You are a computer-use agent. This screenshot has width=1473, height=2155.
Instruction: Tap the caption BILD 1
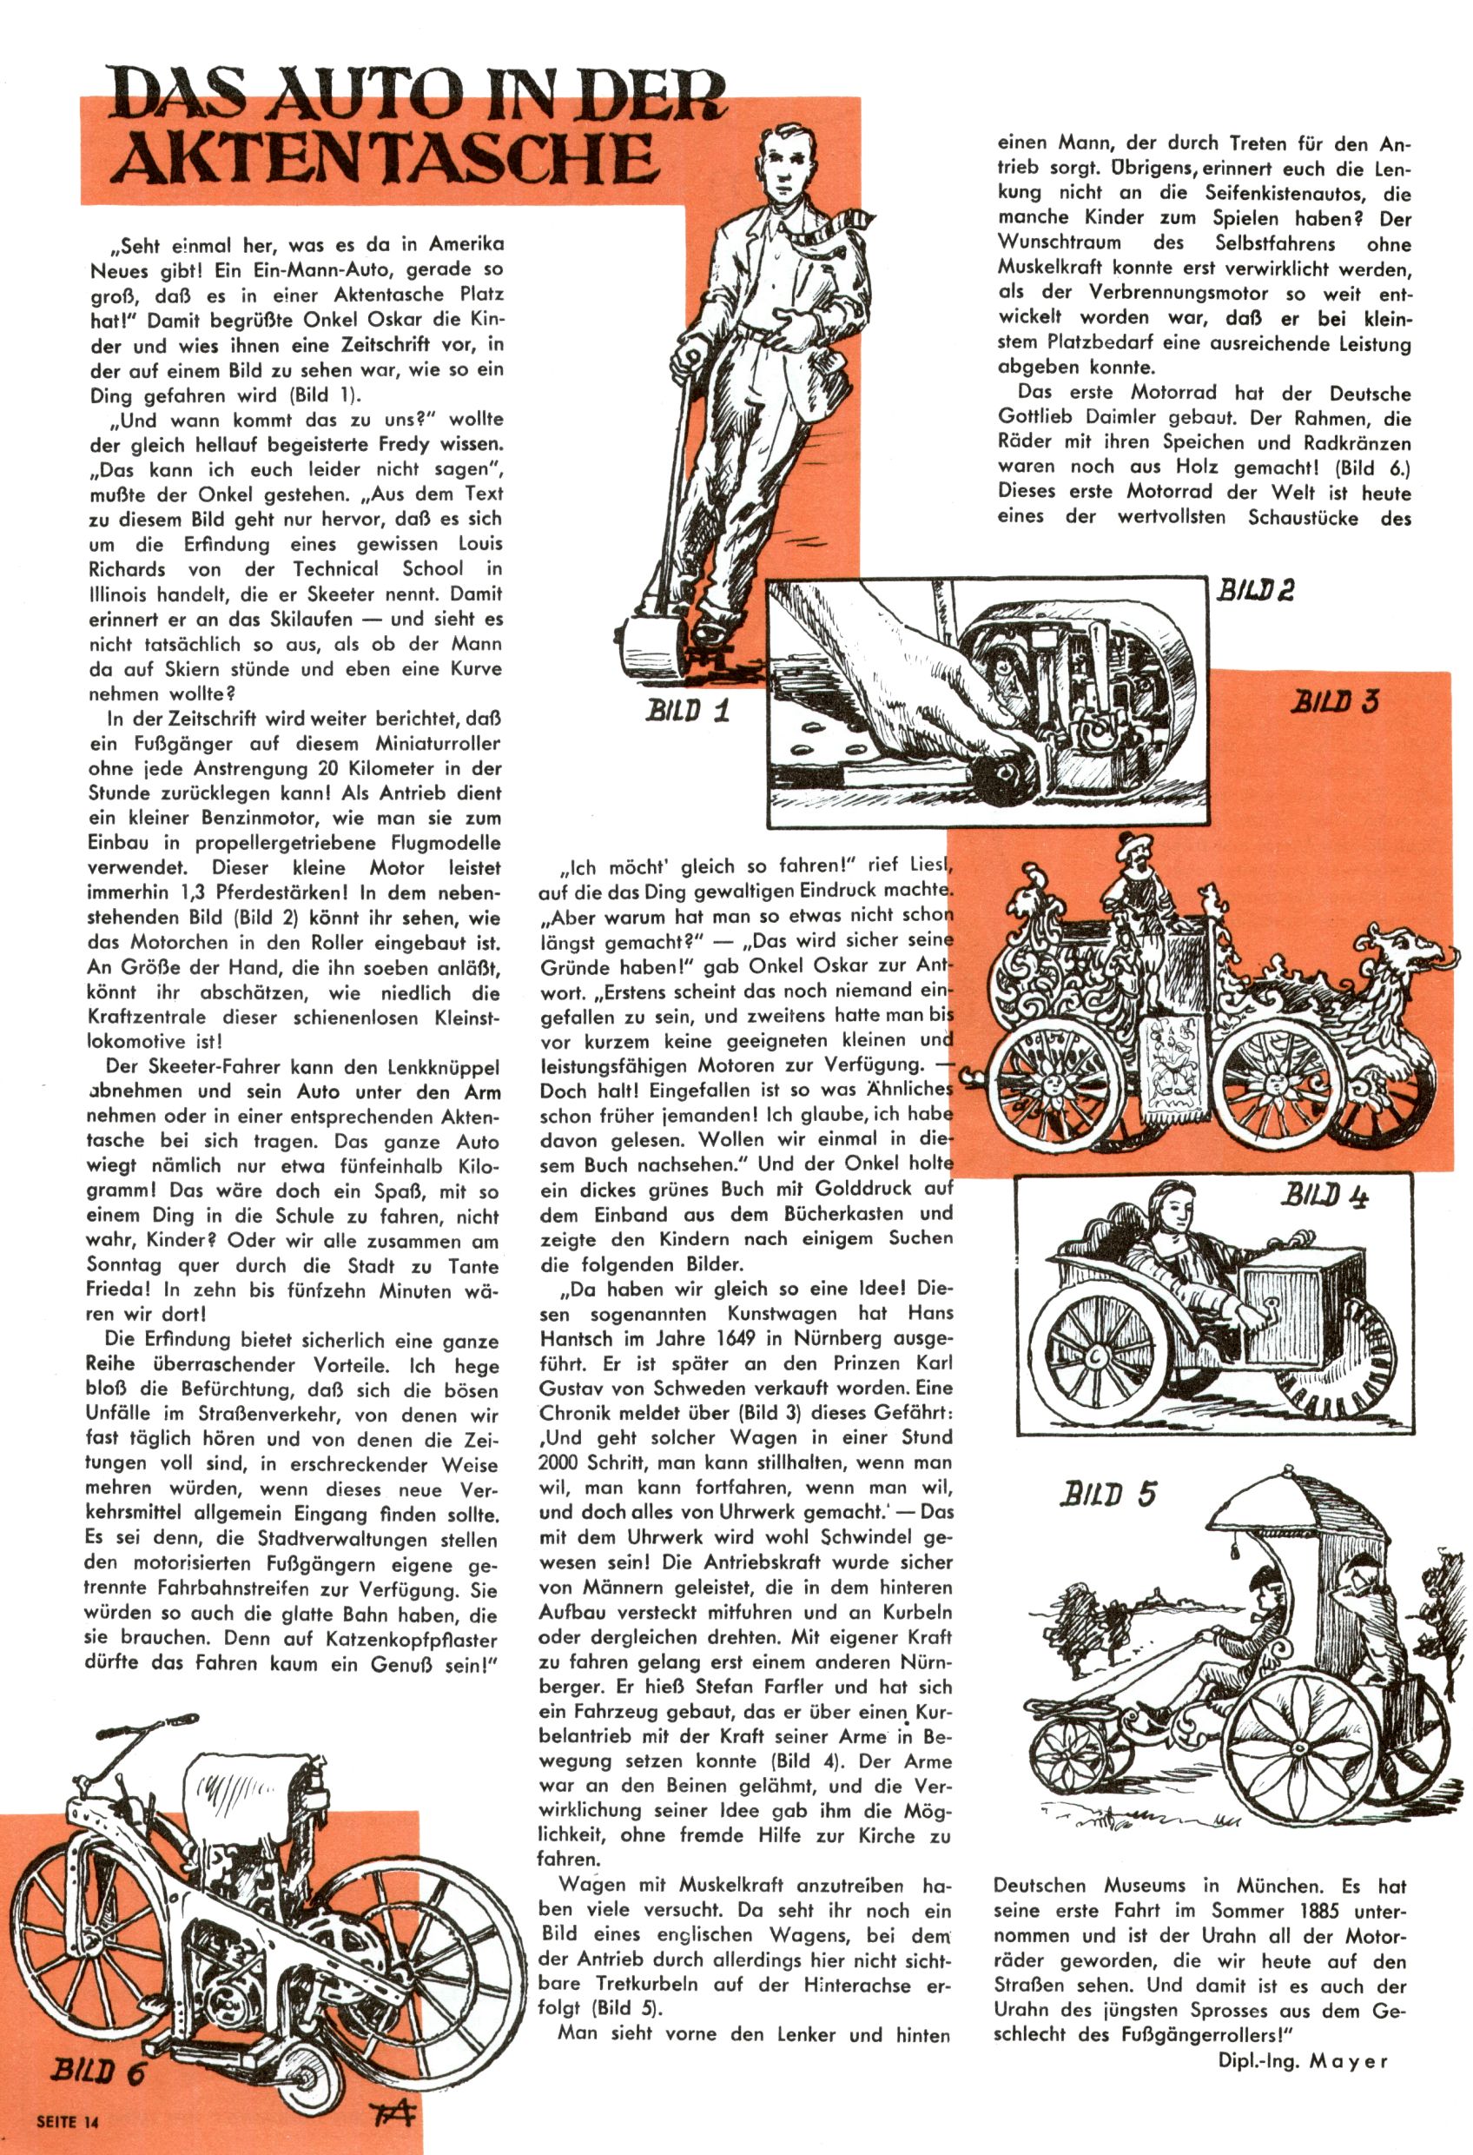click(688, 710)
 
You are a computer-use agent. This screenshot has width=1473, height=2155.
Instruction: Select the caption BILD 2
click(1254, 589)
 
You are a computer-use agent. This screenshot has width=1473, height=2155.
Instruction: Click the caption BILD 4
click(1324, 1197)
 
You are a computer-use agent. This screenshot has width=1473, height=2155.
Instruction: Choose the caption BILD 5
click(1109, 1494)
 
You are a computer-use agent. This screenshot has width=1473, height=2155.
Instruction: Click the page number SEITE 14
click(67, 2121)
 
